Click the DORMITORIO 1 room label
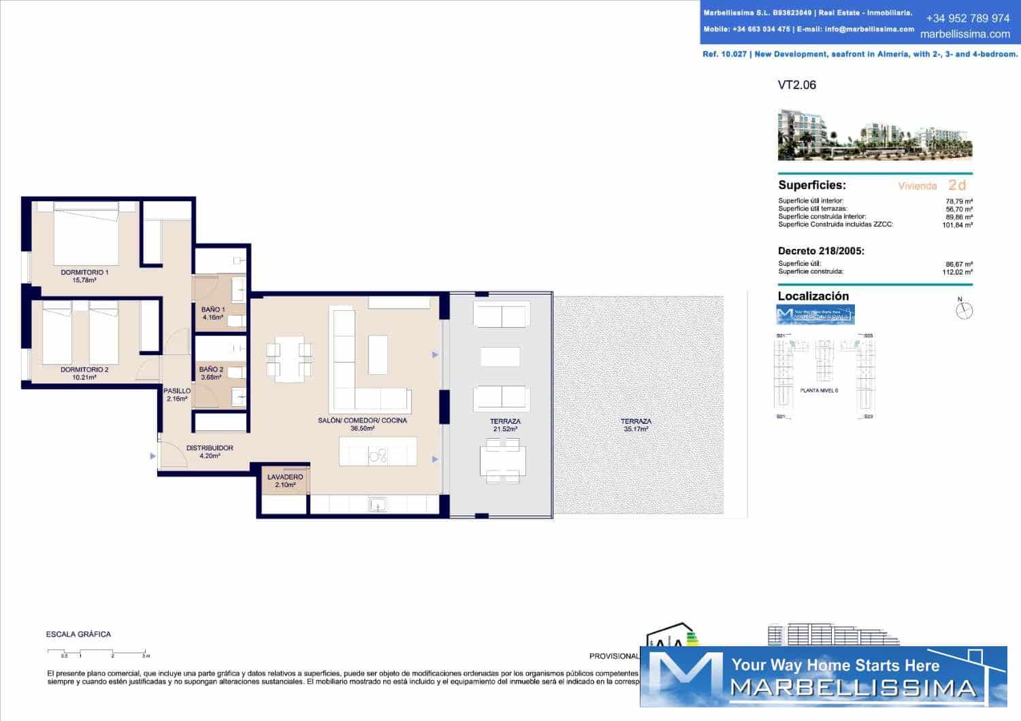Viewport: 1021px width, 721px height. pos(84,272)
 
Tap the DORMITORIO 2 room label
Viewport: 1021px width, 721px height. pos(84,370)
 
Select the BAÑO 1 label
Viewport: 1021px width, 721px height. pos(212,309)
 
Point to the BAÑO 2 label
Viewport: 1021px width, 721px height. pos(211,369)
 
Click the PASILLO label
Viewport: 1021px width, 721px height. pos(177,391)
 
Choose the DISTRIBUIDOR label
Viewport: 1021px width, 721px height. pos(210,448)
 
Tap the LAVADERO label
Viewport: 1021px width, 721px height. pos(285,477)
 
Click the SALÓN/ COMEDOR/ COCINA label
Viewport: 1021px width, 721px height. pos(362,420)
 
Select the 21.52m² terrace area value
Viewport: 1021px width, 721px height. pos(505,429)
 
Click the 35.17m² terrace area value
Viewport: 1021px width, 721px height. pos(636,429)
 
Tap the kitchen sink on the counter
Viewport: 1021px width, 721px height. pos(378,504)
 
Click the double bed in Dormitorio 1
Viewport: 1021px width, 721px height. pos(86,235)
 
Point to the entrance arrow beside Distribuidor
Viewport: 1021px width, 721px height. pos(152,456)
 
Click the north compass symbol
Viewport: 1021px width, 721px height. pos(964,310)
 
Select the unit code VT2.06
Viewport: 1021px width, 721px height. pos(796,85)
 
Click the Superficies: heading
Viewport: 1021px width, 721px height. pos(811,185)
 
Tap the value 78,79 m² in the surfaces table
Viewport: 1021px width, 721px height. pos(958,201)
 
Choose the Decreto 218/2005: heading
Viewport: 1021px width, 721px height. pos(821,251)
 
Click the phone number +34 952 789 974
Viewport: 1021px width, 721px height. pos(967,18)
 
